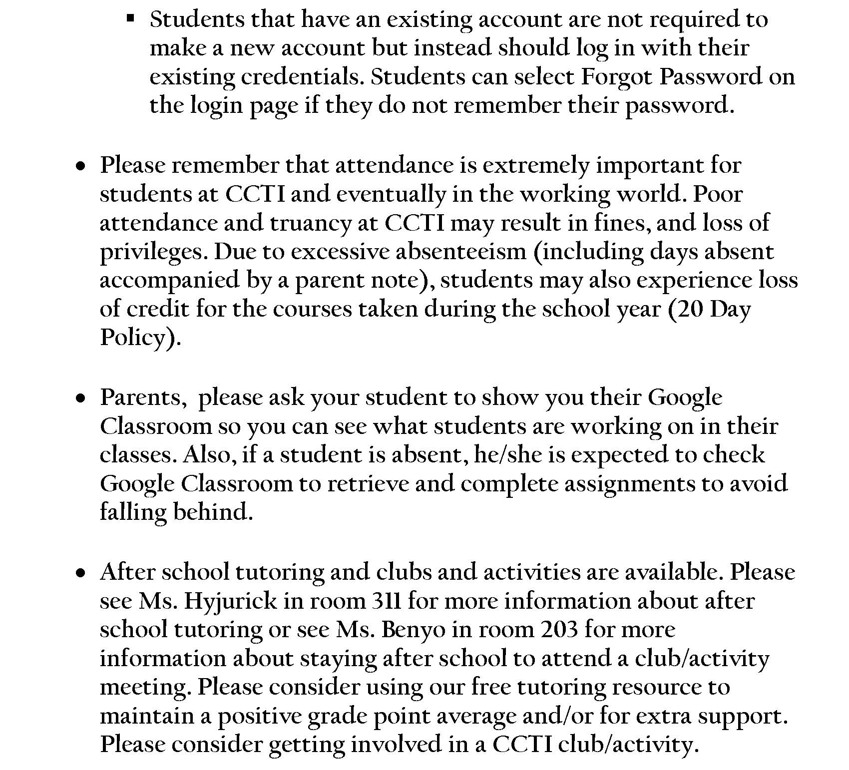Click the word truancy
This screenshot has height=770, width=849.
310,223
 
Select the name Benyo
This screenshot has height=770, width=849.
413,630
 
